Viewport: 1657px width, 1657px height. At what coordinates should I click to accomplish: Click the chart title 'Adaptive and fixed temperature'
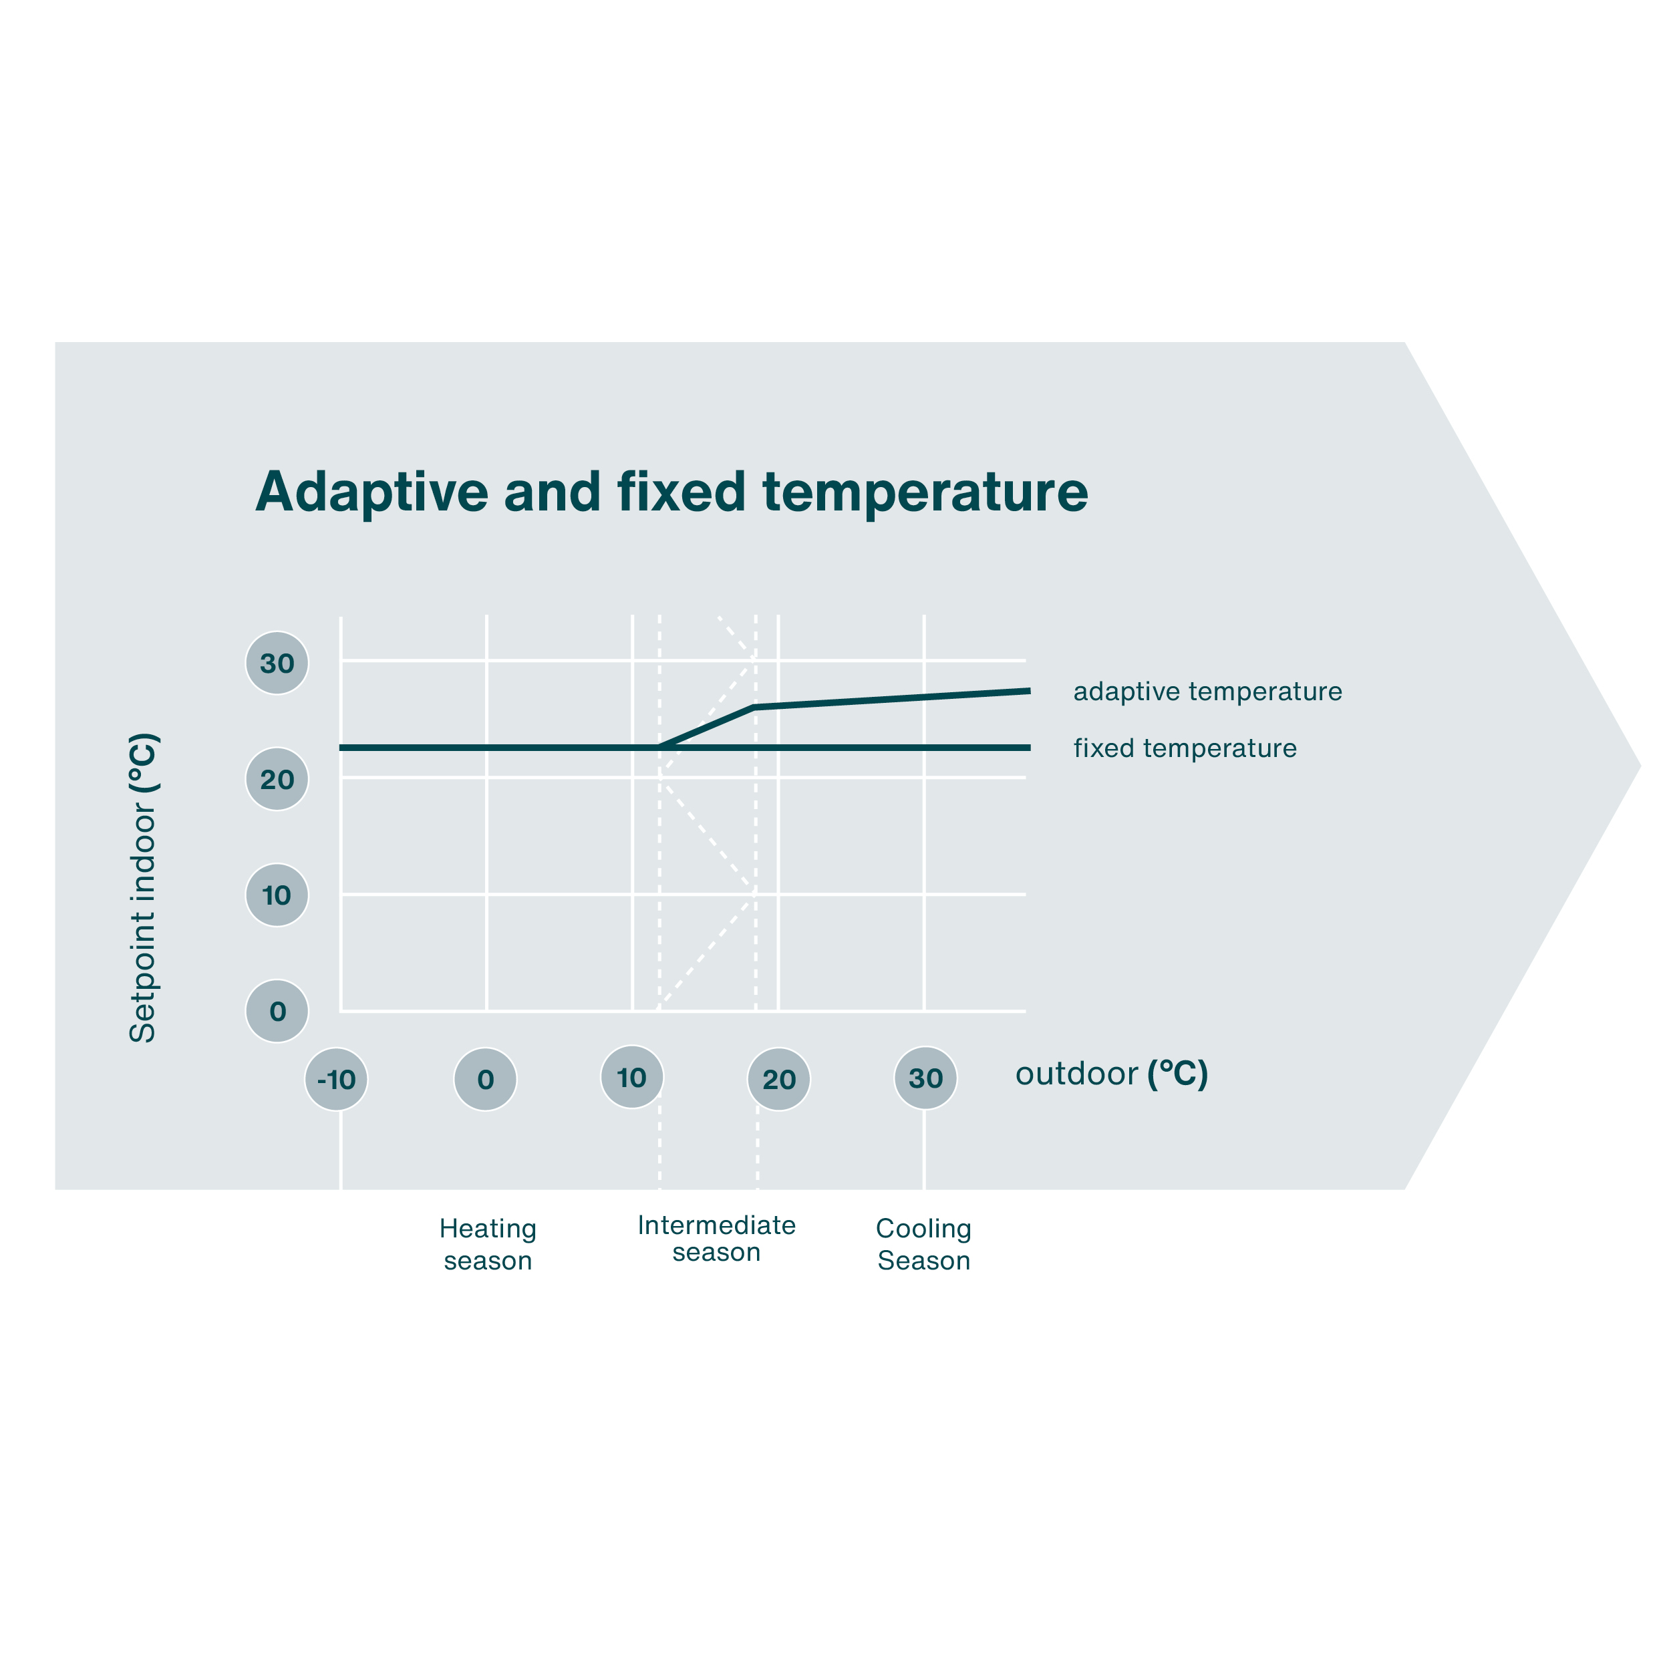(x=671, y=492)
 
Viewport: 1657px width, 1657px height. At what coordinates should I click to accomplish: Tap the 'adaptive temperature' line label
(x=1207, y=692)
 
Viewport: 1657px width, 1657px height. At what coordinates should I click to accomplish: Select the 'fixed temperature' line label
(x=1185, y=748)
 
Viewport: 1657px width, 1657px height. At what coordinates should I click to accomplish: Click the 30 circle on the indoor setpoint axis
(x=277, y=663)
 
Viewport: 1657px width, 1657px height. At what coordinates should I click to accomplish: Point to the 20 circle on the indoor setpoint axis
(x=277, y=780)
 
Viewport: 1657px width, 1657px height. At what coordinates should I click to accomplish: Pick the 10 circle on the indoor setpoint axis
(x=277, y=895)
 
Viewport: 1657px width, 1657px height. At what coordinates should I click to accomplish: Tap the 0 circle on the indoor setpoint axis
(x=277, y=1011)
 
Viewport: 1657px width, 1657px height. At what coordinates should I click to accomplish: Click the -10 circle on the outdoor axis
(x=336, y=1079)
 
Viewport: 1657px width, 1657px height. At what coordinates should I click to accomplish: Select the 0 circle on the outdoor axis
(x=486, y=1079)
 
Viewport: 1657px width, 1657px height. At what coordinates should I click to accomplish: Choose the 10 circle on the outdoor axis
(x=632, y=1077)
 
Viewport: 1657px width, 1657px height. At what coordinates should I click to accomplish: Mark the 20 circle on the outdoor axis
(x=779, y=1079)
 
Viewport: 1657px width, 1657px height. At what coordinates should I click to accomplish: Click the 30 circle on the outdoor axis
(x=925, y=1078)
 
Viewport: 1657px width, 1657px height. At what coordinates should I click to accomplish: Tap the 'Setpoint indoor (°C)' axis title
(x=142, y=888)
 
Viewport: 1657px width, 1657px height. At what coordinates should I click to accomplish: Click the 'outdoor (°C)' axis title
(x=1112, y=1074)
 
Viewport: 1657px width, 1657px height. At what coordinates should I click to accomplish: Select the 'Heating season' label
(x=488, y=1245)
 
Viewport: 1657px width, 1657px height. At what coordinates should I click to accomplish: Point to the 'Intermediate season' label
(x=717, y=1239)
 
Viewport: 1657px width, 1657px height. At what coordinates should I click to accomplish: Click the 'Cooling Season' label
(x=923, y=1245)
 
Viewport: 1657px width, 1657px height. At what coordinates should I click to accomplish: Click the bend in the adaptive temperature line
(x=754, y=708)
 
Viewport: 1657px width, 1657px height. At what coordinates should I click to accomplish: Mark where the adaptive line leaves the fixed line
(x=661, y=748)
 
